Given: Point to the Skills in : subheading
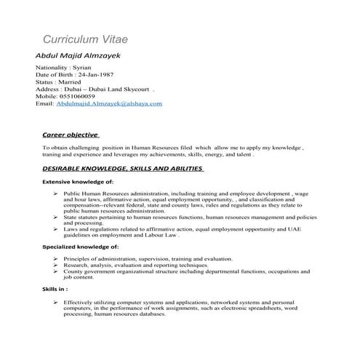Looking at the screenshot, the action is (55, 289).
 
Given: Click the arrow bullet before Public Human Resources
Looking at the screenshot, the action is (56, 194).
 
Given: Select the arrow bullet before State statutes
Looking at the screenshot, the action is (56, 217).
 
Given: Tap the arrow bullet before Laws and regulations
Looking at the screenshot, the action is (56, 228).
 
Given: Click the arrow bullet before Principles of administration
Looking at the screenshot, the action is (56, 259).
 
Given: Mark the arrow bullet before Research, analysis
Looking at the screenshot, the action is (56, 265).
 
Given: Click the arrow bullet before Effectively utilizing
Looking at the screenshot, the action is (56, 301).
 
